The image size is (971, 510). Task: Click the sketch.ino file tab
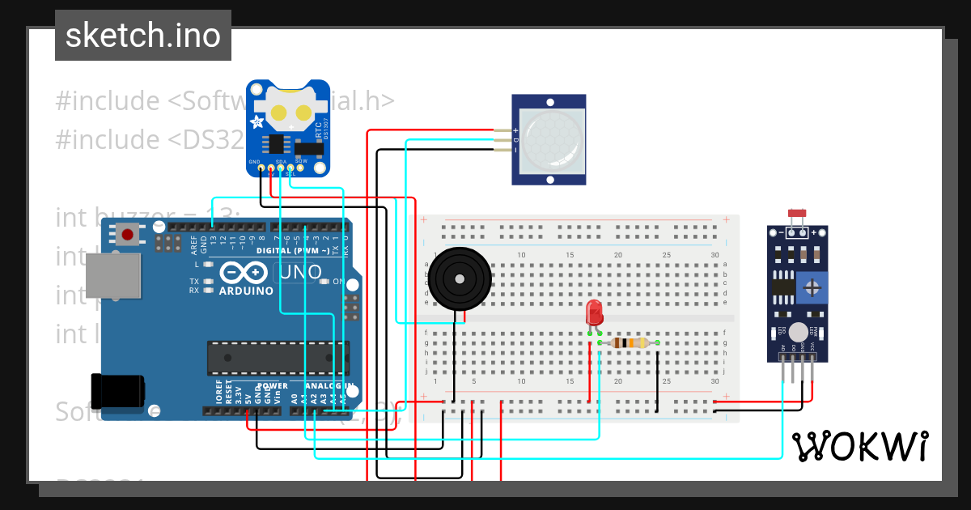pyautogui.click(x=143, y=36)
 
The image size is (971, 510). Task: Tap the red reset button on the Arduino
pyautogui.click(x=127, y=236)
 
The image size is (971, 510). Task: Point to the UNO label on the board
pyautogui.click(x=300, y=274)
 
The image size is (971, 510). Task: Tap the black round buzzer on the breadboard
pyautogui.click(x=459, y=278)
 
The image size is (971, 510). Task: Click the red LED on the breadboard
pyautogui.click(x=594, y=312)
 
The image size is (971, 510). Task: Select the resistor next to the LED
pyautogui.click(x=629, y=342)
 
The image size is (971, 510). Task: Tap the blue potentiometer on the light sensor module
pyautogui.click(x=812, y=287)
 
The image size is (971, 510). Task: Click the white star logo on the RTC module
pyautogui.click(x=258, y=122)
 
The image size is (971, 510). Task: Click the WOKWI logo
pyautogui.click(x=859, y=446)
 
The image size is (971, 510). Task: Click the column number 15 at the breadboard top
pyautogui.click(x=570, y=255)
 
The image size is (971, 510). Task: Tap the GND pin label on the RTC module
pyautogui.click(x=254, y=162)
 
